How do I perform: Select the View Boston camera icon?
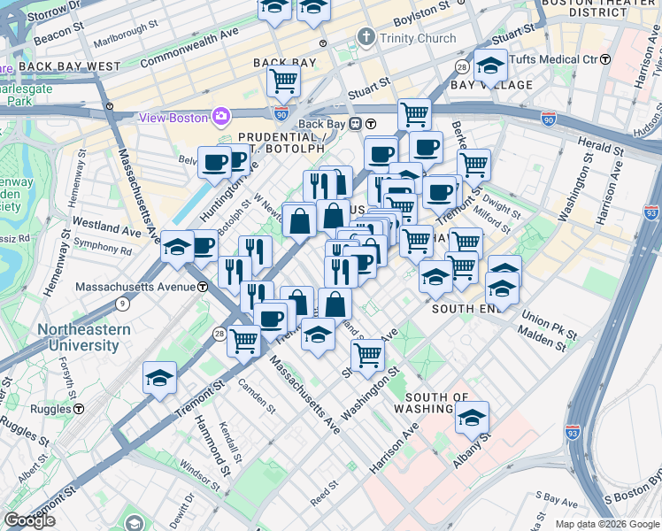click(x=220, y=117)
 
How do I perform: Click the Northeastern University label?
click(x=84, y=337)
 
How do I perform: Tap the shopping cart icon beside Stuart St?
click(x=284, y=81)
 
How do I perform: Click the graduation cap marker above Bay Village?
click(x=489, y=65)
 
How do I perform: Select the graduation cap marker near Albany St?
click(x=473, y=417)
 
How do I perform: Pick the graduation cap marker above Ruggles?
click(x=159, y=379)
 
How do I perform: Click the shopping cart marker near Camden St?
click(x=243, y=340)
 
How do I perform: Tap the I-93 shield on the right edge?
click(x=651, y=212)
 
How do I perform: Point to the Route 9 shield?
click(x=121, y=304)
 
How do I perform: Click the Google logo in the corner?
click(x=29, y=521)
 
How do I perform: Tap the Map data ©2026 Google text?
click(x=607, y=524)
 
